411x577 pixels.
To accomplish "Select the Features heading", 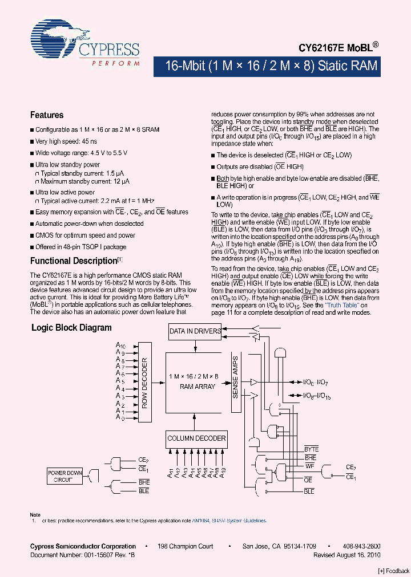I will pos(47,115).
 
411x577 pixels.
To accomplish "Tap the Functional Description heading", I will pos(74,261).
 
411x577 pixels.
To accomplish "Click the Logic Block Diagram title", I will pos(71,328).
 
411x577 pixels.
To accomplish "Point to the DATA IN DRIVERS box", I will pos(195,331).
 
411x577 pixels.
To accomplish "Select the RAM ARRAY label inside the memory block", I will pos(198,386).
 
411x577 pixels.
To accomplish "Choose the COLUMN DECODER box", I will pos(196,438).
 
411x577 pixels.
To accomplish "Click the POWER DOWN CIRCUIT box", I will pos(65,476).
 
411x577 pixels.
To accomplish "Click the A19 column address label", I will pos(223,472).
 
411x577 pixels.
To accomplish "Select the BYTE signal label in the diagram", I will pos(312,449).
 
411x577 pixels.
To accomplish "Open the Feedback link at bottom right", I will pos(394,571).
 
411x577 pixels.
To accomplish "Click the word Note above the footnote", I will pos(35,515).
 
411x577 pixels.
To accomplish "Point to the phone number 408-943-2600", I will pos(361,546).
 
